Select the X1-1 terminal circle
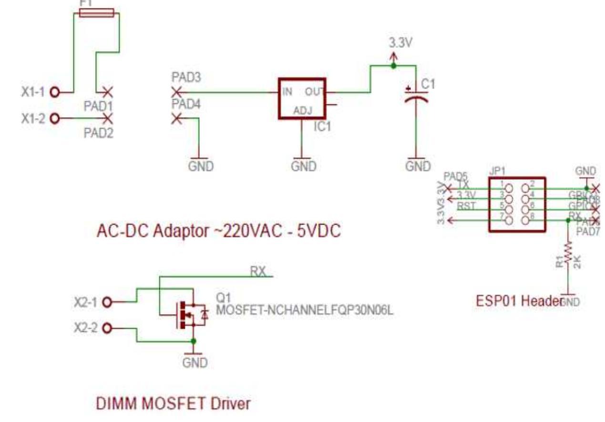(55, 92)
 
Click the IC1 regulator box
(302, 98)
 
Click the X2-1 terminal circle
(107, 302)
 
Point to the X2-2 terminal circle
(107, 328)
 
